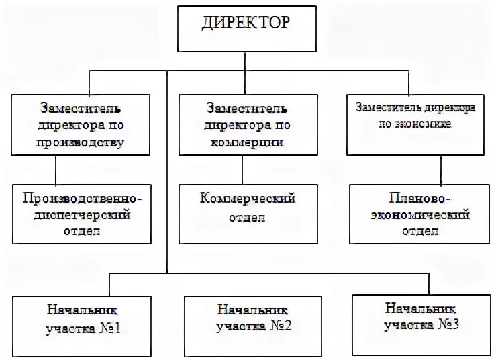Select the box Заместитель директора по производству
pos(81,125)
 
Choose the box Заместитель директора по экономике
pos(416,125)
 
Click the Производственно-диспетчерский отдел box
pos(83,215)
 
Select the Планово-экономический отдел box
pos(420,215)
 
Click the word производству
pos(81,142)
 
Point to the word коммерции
pos(247,142)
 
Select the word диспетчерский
pos(83,215)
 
